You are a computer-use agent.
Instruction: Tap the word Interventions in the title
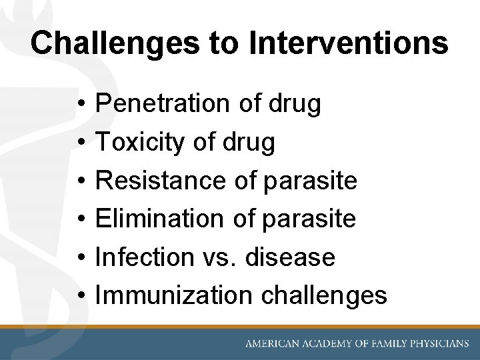348,43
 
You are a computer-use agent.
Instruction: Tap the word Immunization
174,295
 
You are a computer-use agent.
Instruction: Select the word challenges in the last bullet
324,295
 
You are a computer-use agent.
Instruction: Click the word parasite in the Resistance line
311,180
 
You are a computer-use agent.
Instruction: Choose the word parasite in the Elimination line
309,218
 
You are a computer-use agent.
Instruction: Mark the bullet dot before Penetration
79,105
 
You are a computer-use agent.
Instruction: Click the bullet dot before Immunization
79,295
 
